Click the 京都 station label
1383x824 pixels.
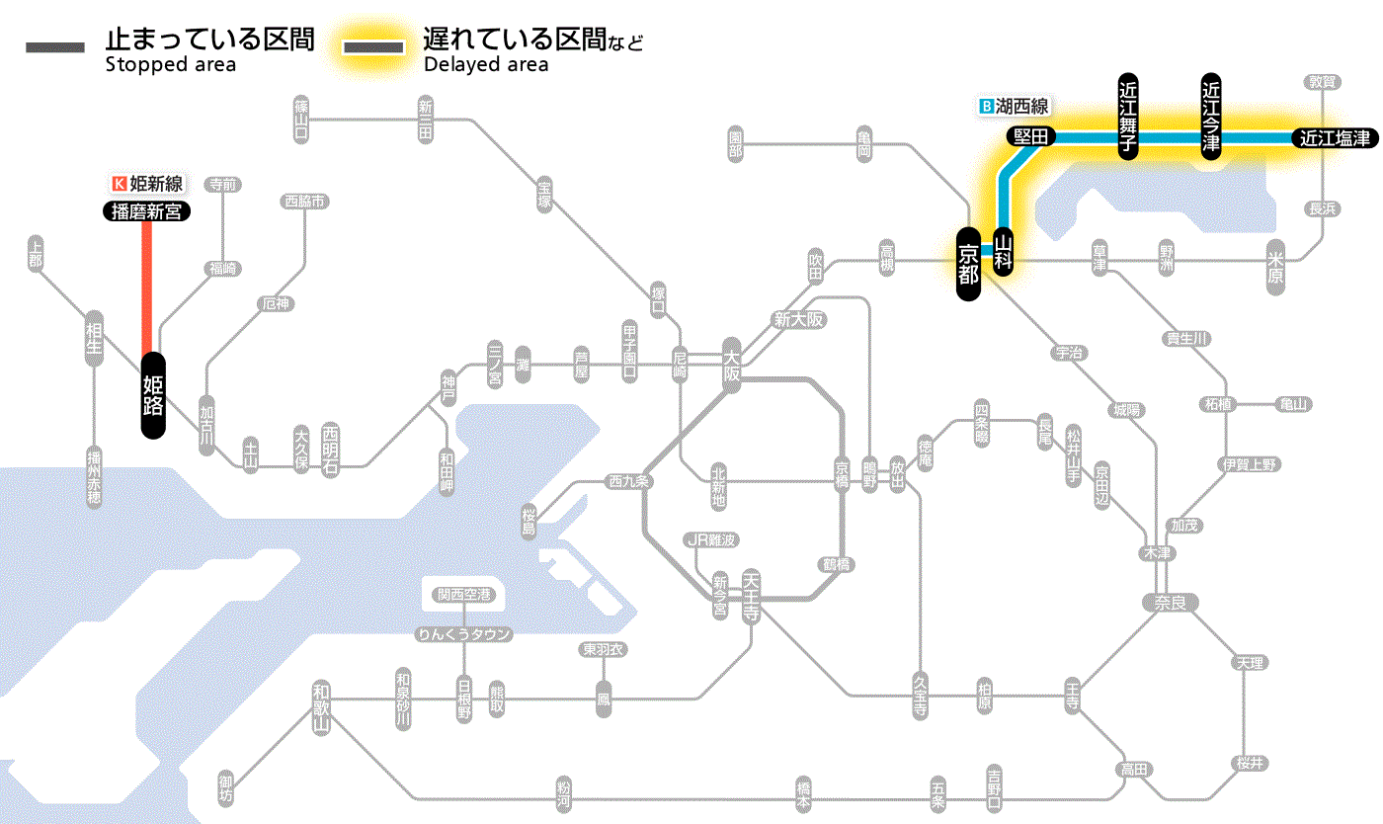coord(969,263)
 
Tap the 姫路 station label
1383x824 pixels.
coord(153,394)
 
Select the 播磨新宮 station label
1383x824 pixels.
coord(147,210)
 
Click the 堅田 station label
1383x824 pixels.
coord(1031,136)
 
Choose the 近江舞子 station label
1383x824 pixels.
coord(1128,116)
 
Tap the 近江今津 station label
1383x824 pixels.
coord(1211,116)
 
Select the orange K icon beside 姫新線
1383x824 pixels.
coord(120,183)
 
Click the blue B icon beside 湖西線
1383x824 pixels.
coord(984,106)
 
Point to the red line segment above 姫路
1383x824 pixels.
coord(147,287)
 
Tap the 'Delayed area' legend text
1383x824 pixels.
coord(486,65)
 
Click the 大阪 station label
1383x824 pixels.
coord(731,366)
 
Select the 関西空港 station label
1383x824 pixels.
coord(463,595)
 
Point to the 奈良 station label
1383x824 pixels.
coord(1170,602)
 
